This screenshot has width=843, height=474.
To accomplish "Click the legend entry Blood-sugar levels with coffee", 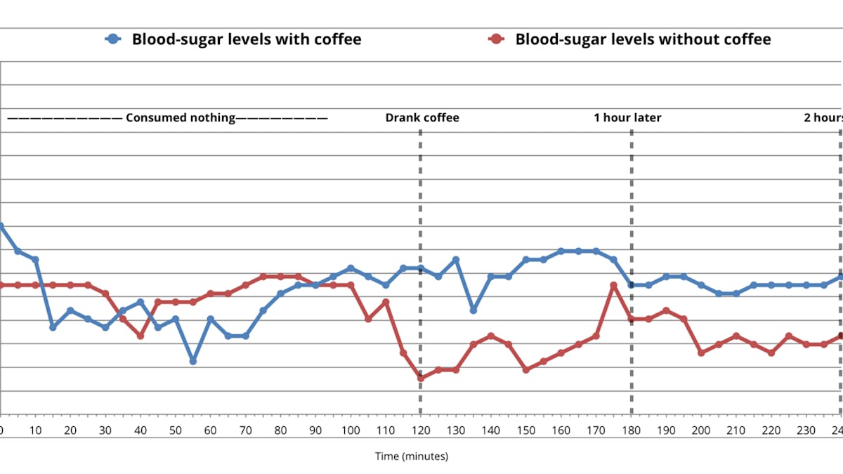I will coord(246,39).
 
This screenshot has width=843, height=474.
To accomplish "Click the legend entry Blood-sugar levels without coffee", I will coord(642,39).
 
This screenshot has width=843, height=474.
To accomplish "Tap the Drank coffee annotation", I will coord(421,118).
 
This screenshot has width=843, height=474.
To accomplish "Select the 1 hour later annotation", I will coord(627,118).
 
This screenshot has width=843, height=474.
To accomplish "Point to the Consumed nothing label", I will coord(181,118).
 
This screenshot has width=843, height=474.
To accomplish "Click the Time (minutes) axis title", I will coord(411,456).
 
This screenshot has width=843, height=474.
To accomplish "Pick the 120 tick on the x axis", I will coord(421,430).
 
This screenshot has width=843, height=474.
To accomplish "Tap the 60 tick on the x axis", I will coord(210,430).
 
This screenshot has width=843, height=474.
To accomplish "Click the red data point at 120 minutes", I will coord(421,378).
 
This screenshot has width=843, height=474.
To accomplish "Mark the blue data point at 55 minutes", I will coord(192,361).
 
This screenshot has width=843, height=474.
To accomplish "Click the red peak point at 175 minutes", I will coord(613,285).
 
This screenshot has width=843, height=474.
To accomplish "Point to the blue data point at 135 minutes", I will coord(473,310).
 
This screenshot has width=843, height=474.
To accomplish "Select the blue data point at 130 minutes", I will coord(456,260).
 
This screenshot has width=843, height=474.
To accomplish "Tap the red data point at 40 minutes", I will coord(140,336).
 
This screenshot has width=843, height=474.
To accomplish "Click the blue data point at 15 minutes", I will coord(53,327).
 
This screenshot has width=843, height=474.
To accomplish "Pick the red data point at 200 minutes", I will coord(701,353).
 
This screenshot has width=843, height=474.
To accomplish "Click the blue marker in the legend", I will coord(113,39).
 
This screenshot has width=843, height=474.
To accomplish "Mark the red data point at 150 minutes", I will coord(525,369).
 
